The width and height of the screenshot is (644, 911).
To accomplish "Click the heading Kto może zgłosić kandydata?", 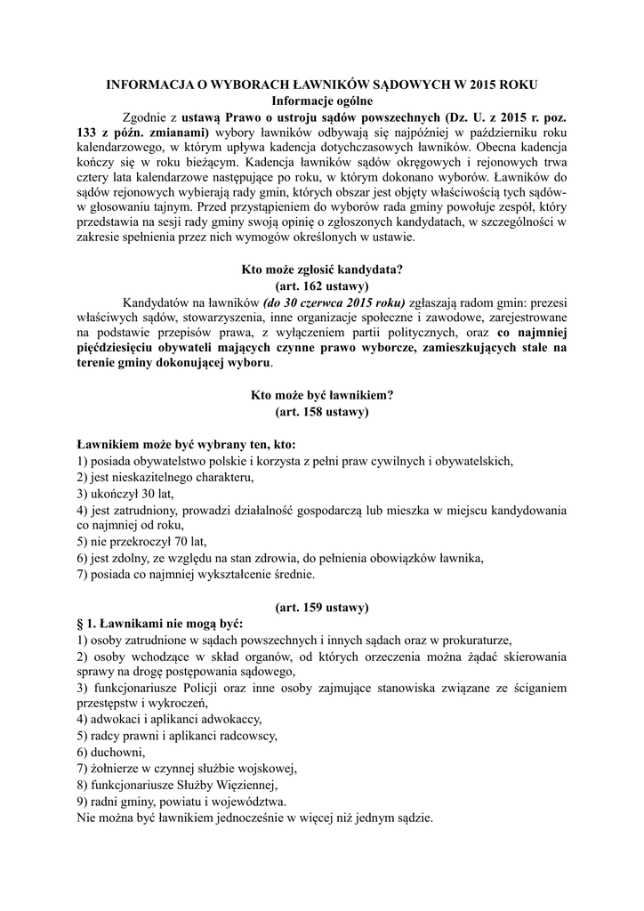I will point(321,270).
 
